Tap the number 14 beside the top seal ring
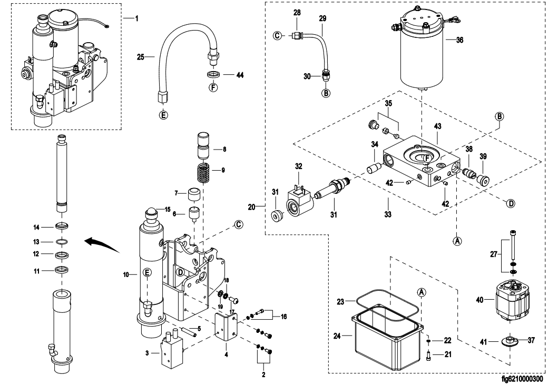(x=37, y=228)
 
